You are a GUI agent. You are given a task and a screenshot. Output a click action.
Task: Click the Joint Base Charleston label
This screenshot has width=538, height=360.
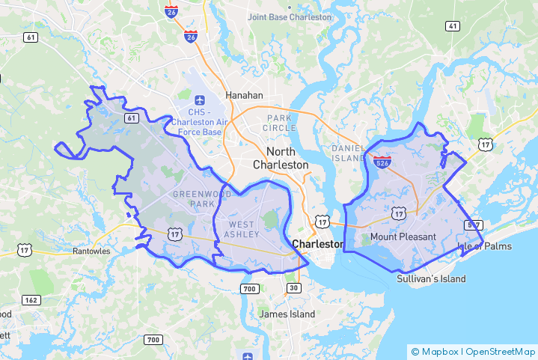(289, 16)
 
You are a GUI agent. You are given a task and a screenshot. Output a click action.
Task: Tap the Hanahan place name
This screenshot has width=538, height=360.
(245, 96)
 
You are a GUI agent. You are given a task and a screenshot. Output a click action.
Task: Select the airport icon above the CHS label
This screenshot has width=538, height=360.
(200, 100)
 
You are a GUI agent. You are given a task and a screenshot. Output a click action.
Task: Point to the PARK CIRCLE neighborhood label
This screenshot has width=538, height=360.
(280, 123)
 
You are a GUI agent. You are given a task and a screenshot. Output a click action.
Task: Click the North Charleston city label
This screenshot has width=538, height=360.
(281, 158)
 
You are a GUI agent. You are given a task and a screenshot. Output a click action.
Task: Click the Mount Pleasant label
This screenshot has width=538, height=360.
(403, 237)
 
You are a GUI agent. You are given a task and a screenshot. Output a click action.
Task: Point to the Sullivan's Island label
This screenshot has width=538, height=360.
(431, 279)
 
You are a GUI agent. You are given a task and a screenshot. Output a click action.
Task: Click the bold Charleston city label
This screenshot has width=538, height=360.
(318, 244)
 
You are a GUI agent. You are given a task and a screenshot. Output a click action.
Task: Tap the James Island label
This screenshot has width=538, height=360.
(287, 314)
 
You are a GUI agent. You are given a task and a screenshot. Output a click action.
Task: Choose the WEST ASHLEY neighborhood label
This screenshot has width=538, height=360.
(244, 230)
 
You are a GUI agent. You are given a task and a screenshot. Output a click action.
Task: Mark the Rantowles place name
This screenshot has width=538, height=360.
(91, 251)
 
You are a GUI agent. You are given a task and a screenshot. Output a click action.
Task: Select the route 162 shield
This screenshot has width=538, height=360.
(31, 300)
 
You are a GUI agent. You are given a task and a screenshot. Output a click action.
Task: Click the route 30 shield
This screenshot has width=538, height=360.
(293, 288)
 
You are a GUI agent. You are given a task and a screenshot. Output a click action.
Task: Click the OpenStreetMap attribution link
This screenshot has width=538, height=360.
(501, 351)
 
